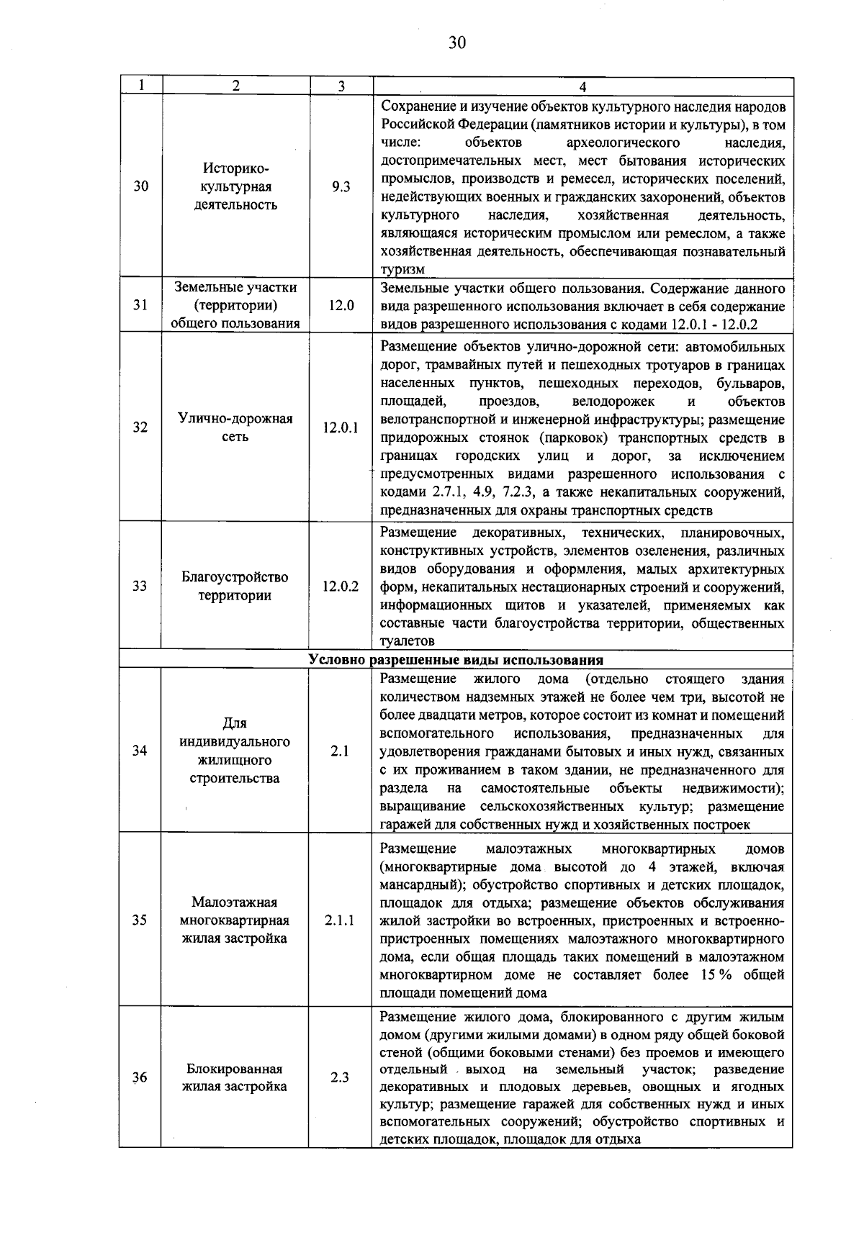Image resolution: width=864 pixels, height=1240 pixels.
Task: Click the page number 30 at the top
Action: pyautogui.click(x=456, y=43)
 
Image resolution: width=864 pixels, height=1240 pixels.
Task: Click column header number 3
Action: pyautogui.click(x=341, y=86)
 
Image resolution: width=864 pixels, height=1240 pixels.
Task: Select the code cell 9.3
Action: pyautogui.click(x=341, y=186)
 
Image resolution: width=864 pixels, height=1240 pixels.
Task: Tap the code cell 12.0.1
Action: pyautogui.click(x=341, y=427)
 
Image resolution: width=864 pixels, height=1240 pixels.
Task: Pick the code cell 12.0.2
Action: pyautogui.click(x=341, y=586)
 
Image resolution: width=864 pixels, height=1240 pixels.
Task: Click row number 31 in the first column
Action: pyautogui.click(x=140, y=305)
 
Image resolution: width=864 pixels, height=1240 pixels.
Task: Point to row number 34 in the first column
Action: pyautogui.click(x=140, y=751)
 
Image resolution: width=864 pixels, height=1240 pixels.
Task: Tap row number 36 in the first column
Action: pyautogui.click(x=140, y=1077)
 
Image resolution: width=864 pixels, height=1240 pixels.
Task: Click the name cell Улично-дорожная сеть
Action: pyautogui.click(x=235, y=427)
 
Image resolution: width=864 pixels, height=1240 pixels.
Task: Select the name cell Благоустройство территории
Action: pyautogui.click(x=235, y=586)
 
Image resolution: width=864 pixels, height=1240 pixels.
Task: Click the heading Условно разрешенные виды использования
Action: pyautogui.click(x=455, y=660)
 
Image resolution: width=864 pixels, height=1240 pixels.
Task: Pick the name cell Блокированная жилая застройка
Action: pyautogui.click(x=235, y=1077)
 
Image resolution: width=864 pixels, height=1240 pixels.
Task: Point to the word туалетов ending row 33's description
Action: pyautogui.click(x=407, y=641)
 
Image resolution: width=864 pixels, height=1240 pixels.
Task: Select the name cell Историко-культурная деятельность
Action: pyautogui.click(x=235, y=186)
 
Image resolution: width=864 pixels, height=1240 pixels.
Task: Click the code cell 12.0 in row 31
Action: pyautogui.click(x=341, y=305)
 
